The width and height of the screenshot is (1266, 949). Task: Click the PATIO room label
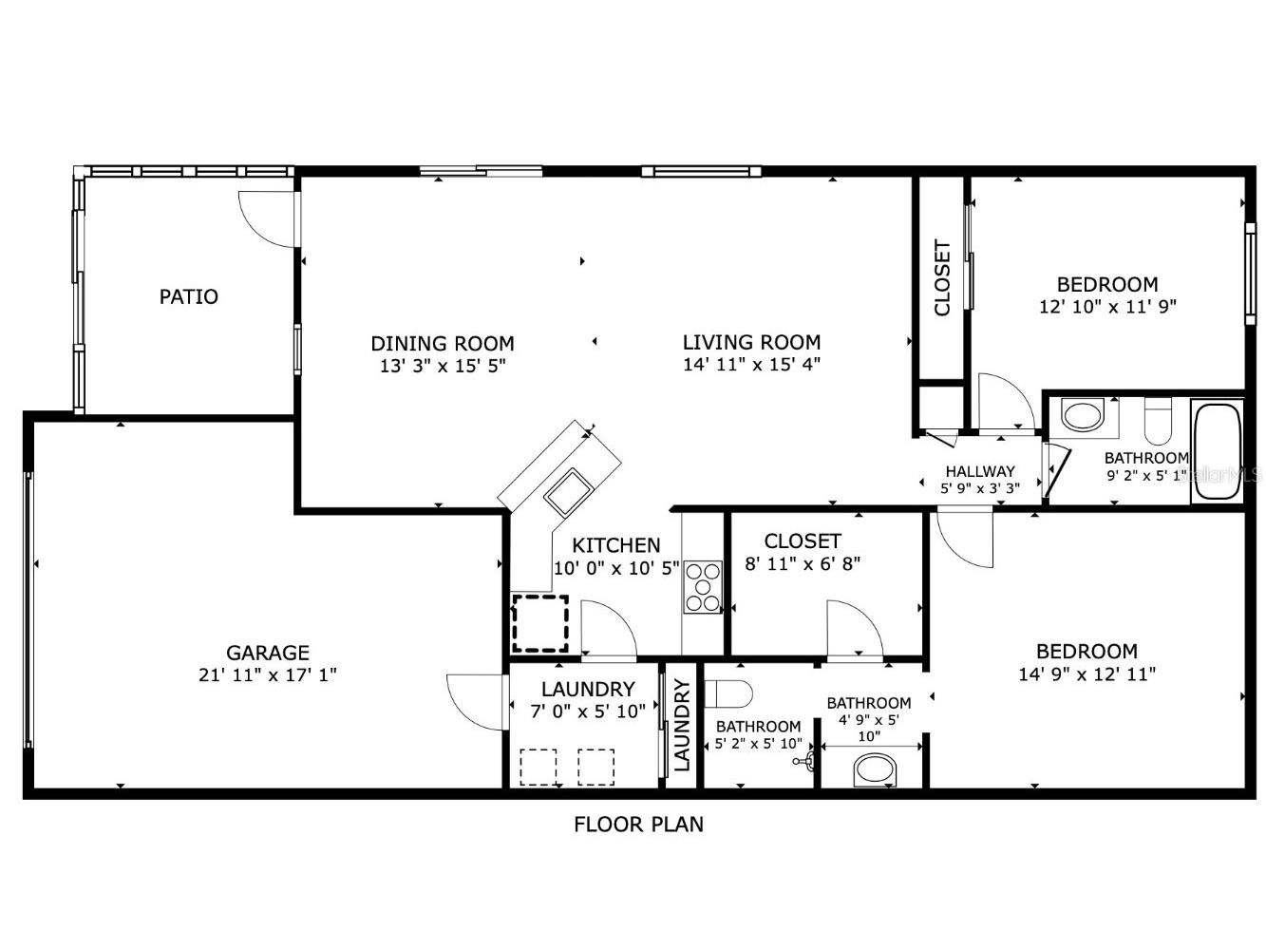click(188, 296)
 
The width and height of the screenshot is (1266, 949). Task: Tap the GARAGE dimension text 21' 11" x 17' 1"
click(268, 675)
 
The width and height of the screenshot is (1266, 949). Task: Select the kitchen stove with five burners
click(703, 587)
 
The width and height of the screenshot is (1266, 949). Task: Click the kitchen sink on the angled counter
click(569, 493)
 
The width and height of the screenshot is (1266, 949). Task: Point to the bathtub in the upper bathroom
click(1217, 452)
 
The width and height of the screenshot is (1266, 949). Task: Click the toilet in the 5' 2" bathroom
click(728, 693)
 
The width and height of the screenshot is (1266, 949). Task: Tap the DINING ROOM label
click(443, 343)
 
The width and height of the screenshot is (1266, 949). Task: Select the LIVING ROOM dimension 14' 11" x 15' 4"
click(751, 365)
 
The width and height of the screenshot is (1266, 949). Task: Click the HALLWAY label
click(980, 471)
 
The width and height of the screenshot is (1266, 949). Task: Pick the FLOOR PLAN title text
click(638, 825)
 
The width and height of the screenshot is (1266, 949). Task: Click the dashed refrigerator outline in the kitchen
click(540, 623)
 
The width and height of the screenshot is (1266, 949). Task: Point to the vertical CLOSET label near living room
click(942, 278)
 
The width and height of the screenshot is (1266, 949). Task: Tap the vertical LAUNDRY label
click(682, 725)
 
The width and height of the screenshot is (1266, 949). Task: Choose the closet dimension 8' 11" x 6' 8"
click(803, 563)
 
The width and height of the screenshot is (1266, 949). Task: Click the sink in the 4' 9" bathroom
click(876, 769)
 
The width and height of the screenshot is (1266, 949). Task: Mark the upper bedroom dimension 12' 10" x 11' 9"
click(1107, 306)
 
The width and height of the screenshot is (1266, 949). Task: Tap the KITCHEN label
click(616, 545)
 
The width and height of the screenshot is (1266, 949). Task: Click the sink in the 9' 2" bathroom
click(1082, 415)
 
